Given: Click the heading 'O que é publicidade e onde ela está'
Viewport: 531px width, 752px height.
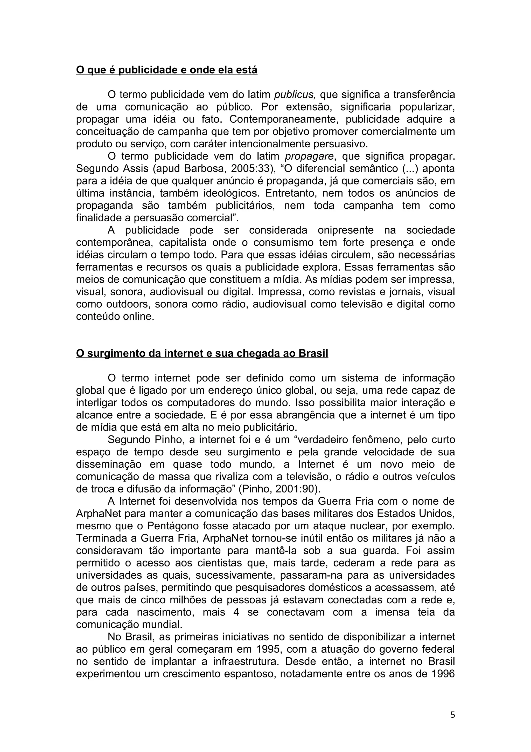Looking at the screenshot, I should click(x=166, y=70).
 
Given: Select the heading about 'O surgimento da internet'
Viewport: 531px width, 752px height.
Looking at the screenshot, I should click(x=202, y=353).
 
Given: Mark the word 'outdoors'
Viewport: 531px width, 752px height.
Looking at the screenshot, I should click(x=126, y=304).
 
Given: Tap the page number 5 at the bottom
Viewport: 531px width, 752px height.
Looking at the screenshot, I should click(x=452, y=715).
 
